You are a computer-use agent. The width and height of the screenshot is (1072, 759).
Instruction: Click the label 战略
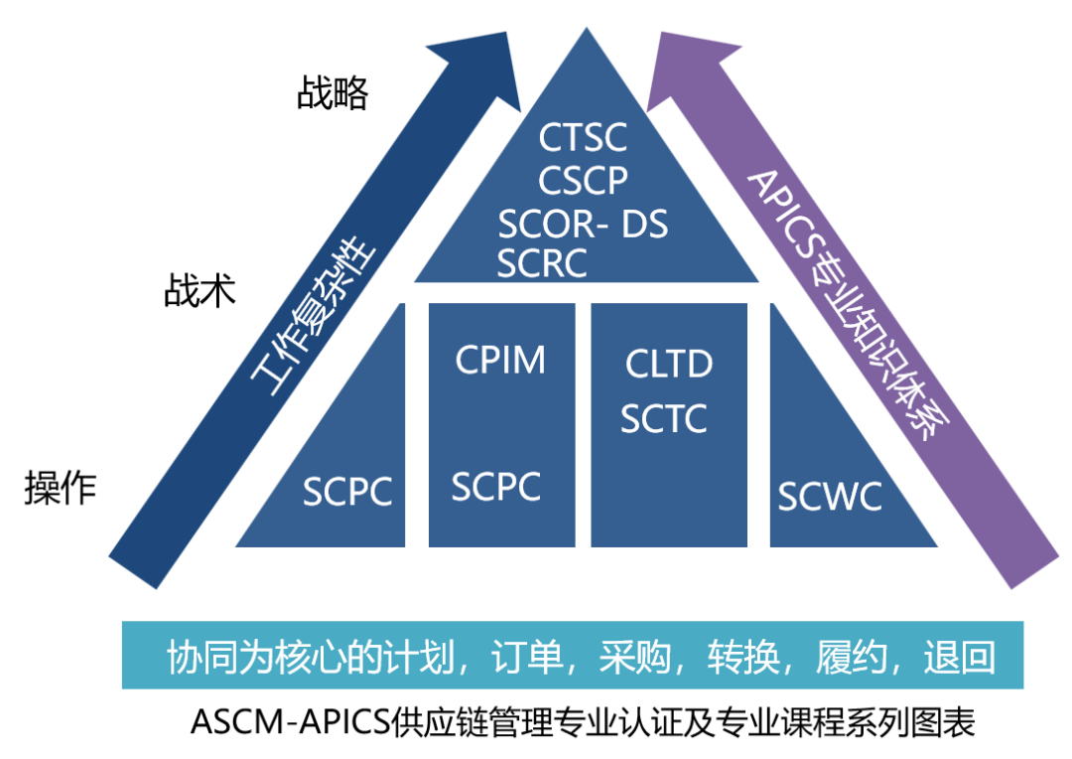[333, 93]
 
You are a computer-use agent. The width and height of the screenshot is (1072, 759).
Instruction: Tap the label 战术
[200, 290]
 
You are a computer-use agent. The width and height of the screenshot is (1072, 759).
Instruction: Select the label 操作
[61, 488]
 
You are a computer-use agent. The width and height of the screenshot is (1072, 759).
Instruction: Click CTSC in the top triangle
[583, 137]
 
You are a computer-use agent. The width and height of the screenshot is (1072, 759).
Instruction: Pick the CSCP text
[583, 180]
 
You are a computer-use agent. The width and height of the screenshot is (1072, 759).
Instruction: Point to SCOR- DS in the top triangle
[583, 224]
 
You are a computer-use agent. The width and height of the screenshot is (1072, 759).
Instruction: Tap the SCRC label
[542, 263]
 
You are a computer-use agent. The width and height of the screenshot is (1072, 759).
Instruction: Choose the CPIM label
[500, 360]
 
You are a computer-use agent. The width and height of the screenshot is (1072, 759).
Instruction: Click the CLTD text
[669, 364]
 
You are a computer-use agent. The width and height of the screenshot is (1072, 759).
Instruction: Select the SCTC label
[664, 419]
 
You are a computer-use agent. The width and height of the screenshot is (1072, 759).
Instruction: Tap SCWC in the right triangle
[830, 496]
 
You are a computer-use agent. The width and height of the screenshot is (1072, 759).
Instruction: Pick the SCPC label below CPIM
[496, 487]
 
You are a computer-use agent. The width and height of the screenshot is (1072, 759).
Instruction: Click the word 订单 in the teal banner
[527, 656]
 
